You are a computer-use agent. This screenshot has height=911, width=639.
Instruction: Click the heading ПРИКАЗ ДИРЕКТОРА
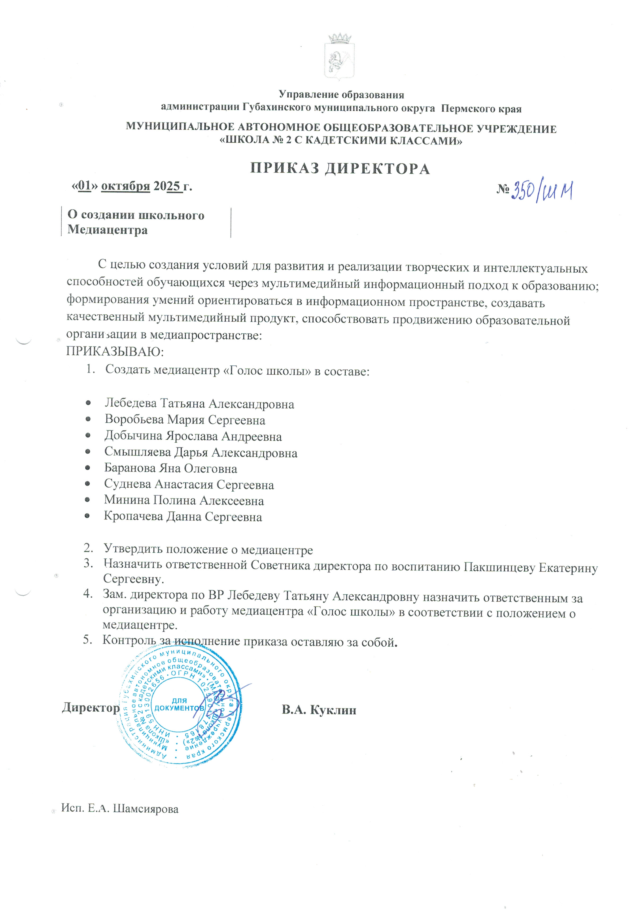pyautogui.click(x=340, y=169)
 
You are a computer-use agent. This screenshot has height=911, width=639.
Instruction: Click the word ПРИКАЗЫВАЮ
pyautogui.click(x=115, y=352)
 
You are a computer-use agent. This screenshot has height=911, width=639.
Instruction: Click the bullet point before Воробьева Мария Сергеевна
pyautogui.click(x=88, y=419)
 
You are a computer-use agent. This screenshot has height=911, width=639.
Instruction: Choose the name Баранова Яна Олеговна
pyautogui.click(x=171, y=468)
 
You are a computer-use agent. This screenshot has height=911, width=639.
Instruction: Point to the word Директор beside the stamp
pyautogui.click(x=90, y=708)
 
